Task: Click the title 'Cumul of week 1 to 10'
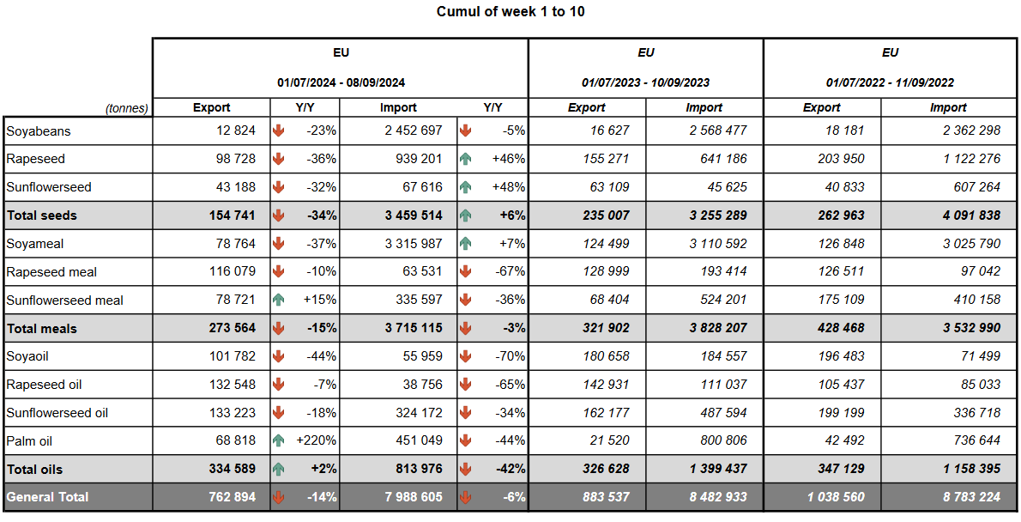(510, 12)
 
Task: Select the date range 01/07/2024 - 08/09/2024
(341, 83)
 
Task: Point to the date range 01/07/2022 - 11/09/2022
(890, 83)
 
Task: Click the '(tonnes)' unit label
(127, 108)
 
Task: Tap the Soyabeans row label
(39, 131)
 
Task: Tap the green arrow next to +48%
(466, 187)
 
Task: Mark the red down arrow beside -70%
(466, 356)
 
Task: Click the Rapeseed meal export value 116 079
(232, 272)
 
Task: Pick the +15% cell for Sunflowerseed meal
(319, 300)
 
